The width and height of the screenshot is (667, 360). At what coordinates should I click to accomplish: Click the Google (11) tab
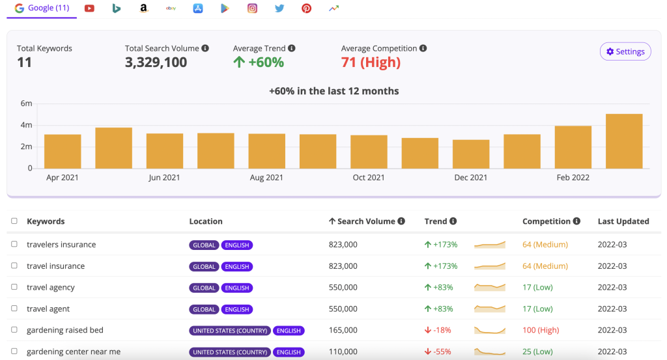42,8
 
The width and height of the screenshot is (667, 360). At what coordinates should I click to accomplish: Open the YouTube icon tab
89,8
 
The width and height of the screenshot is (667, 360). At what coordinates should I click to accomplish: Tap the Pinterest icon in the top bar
306,8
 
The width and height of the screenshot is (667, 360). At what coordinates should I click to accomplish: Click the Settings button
625,51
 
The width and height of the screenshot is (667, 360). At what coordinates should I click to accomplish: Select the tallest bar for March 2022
624,141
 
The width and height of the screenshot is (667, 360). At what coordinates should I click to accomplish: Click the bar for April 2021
63,152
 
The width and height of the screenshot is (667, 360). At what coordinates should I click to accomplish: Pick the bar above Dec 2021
471,154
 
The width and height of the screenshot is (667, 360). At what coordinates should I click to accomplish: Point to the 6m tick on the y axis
26,104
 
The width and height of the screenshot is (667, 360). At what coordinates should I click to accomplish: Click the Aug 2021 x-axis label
266,178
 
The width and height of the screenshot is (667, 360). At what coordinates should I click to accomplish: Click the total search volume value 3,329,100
156,62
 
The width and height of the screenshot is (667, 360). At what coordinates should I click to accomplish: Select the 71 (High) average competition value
371,62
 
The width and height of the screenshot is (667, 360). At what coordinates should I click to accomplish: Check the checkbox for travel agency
14,287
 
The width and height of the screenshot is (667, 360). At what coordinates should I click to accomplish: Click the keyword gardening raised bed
65,330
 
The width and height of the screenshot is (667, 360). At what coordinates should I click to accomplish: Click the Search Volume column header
365,221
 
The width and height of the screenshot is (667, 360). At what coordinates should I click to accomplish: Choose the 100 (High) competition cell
540,330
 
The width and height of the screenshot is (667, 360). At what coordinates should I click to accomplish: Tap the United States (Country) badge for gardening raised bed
230,331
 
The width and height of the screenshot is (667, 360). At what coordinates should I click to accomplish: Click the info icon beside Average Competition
423,48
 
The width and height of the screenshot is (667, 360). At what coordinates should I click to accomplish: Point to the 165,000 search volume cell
343,330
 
